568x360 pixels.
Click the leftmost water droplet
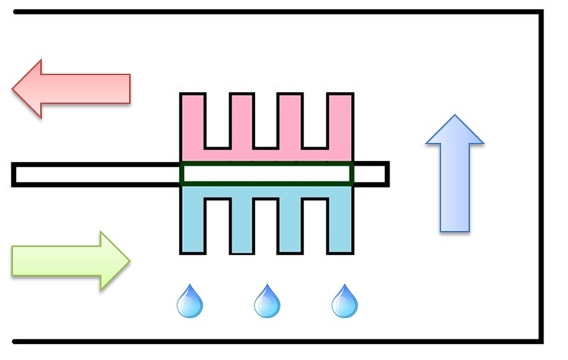tap(189, 302)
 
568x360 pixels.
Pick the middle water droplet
tap(267, 302)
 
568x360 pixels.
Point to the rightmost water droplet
tap(345, 302)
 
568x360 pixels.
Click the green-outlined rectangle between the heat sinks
tap(266, 174)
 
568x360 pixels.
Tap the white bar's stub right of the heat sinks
tap(371, 174)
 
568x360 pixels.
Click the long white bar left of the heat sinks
tap(95, 174)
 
